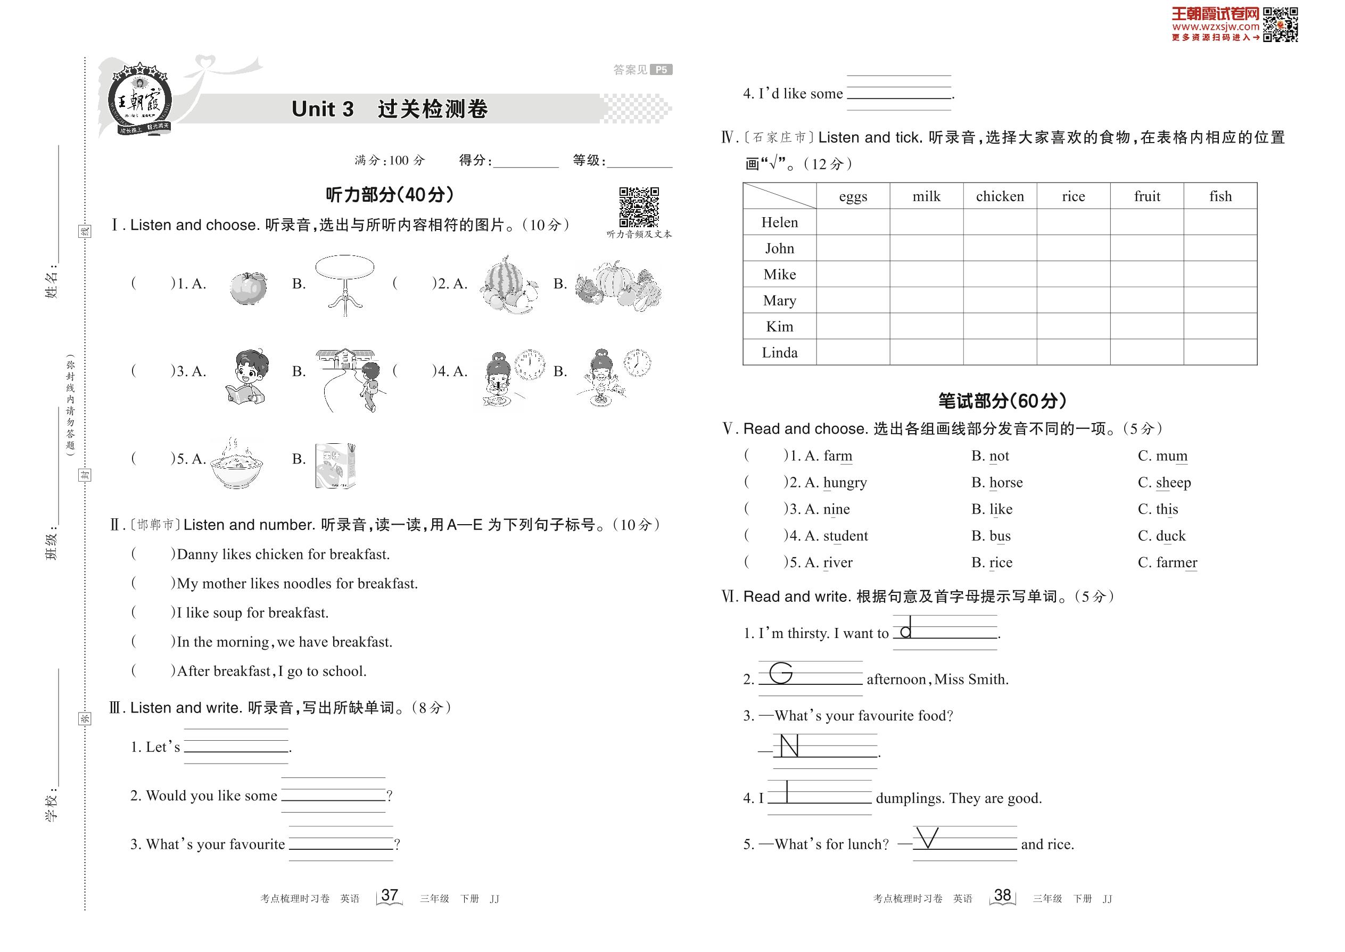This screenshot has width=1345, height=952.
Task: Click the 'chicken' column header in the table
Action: pos(1000,196)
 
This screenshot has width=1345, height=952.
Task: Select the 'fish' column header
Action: pos(1220,196)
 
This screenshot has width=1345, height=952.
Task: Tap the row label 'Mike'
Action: pos(779,275)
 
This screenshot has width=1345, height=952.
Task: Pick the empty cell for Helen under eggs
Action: pos(853,222)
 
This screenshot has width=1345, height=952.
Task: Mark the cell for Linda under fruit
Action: pos(1146,352)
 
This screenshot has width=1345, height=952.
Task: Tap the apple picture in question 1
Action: pos(249,287)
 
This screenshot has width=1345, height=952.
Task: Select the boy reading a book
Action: pos(247,376)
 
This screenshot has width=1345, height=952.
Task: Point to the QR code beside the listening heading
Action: pos(639,207)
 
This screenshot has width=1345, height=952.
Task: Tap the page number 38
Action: pos(1002,895)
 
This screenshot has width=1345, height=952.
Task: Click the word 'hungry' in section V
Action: pos(845,483)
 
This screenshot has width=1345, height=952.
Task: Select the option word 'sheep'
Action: pos(1173,483)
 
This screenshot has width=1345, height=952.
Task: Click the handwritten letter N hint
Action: pos(790,746)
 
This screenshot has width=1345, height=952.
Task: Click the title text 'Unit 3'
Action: pos(323,109)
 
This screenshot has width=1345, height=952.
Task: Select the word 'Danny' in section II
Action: pos(196,554)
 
